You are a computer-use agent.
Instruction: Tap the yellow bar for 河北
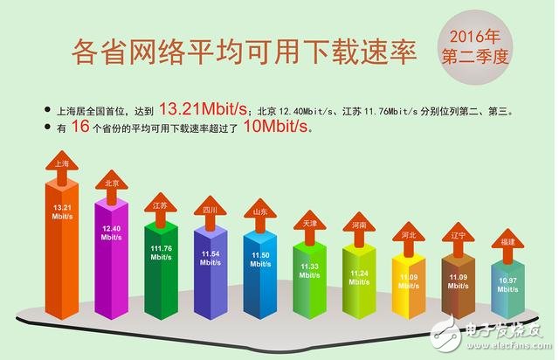(x=409, y=284)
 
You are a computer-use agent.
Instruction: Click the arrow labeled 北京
(x=112, y=183)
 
